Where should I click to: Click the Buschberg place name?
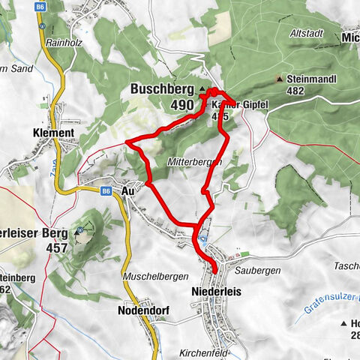[163, 88]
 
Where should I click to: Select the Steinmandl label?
[316, 78]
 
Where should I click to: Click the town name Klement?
[52, 133]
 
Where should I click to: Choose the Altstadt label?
[307, 34]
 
